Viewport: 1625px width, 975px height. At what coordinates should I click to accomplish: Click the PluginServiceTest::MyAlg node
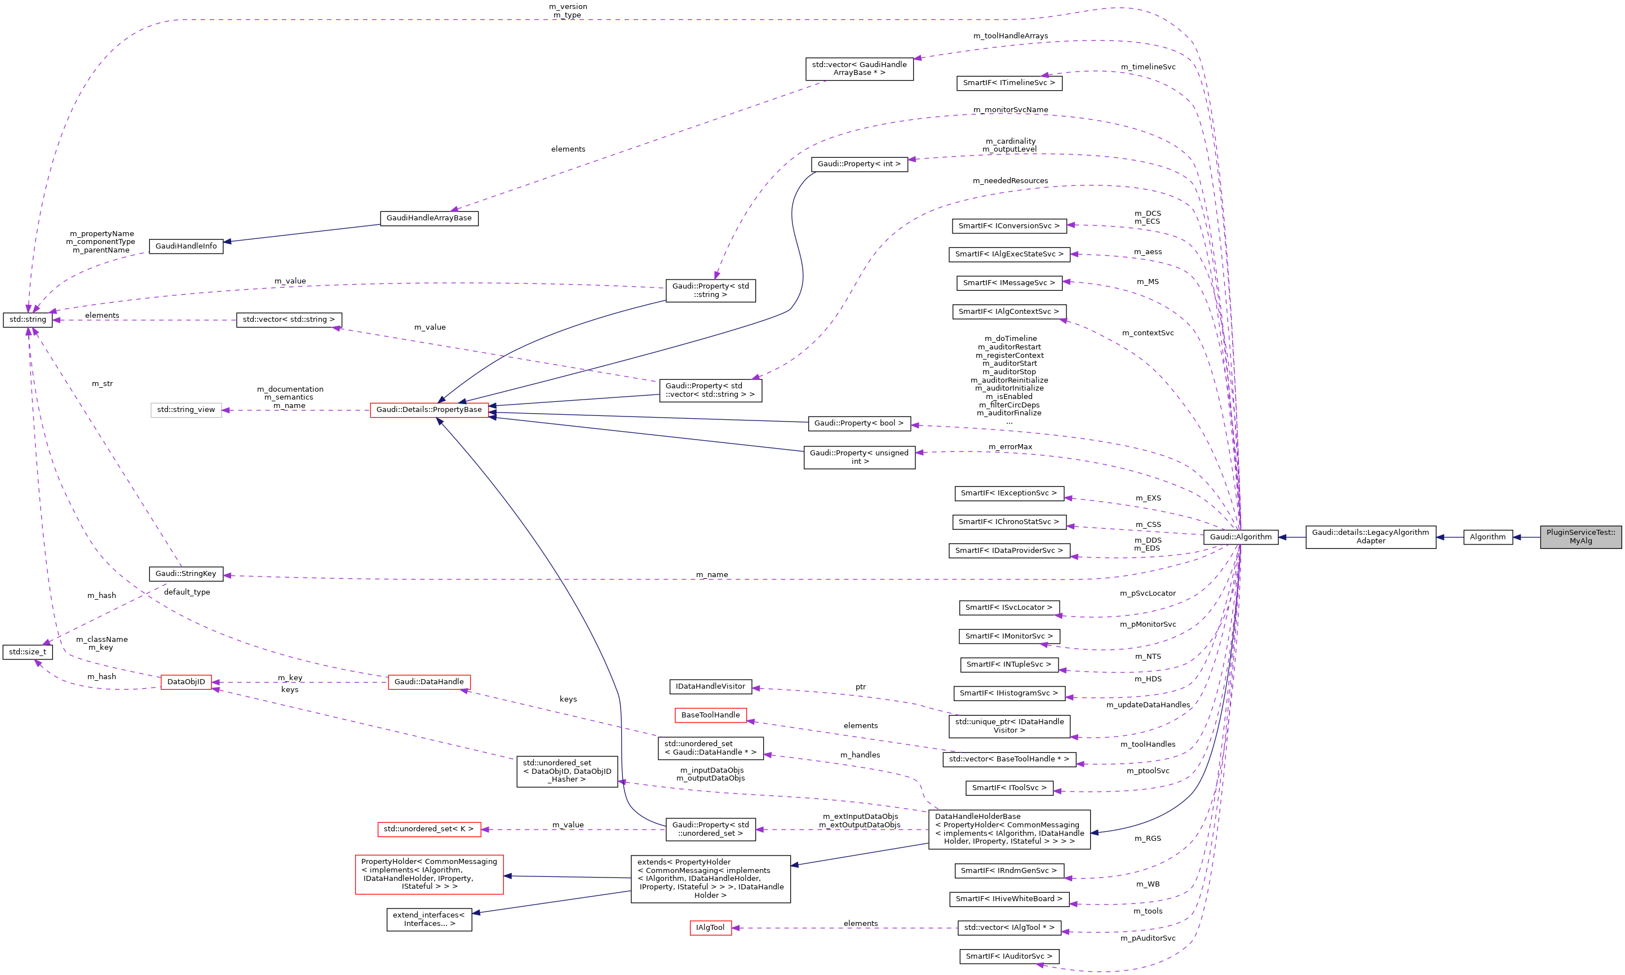(x=1580, y=537)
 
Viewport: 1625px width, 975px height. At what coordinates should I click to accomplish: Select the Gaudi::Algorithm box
(x=1240, y=537)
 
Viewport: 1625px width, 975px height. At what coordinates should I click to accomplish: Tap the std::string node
(x=28, y=320)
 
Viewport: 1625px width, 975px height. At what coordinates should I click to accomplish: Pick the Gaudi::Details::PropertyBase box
(x=428, y=410)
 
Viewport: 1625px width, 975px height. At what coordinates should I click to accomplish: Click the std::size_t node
(x=28, y=652)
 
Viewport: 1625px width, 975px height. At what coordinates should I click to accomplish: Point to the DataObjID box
(x=186, y=682)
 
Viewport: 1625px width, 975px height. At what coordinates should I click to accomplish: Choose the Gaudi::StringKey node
(x=186, y=574)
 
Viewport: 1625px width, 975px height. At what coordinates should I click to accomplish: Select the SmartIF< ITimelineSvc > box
(x=1008, y=83)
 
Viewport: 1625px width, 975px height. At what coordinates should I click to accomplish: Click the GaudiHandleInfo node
(x=186, y=246)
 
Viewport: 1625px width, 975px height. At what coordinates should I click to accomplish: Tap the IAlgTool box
(x=710, y=928)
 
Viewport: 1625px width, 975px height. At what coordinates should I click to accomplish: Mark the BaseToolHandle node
(x=710, y=715)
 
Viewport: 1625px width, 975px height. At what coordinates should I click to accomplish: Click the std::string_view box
(x=186, y=410)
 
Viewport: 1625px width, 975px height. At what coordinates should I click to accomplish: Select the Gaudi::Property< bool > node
(x=859, y=423)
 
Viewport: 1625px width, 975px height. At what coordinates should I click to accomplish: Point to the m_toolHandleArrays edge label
(x=1010, y=36)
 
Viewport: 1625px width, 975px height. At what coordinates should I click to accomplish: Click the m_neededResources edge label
(x=1010, y=181)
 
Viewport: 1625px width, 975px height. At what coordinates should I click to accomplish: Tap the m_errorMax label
(x=1010, y=447)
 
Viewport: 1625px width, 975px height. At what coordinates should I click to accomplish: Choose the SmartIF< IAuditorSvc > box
(x=1008, y=956)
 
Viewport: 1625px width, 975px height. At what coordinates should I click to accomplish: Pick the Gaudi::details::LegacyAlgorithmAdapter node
(x=1370, y=537)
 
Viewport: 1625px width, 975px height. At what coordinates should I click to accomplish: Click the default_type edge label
(x=187, y=592)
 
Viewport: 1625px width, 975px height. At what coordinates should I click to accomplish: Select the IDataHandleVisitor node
(x=710, y=686)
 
